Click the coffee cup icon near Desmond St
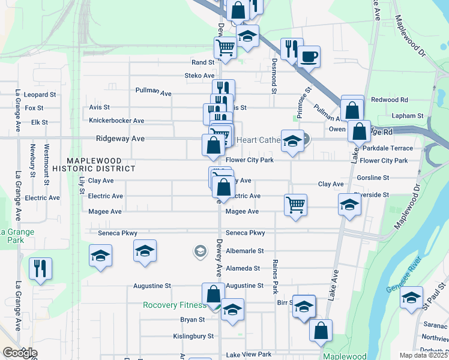pyautogui.click(x=309, y=58)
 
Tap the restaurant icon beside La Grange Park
pyautogui.click(x=40, y=268)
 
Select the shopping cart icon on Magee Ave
pyautogui.click(x=295, y=205)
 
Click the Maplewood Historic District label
pyautogui.click(x=94, y=165)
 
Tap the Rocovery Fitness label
pyautogui.click(x=174, y=305)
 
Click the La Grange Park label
pyautogui.click(x=17, y=236)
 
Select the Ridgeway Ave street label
pyautogui.click(x=121, y=138)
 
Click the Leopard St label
pyautogui.click(x=40, y=95)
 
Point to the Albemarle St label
pyautogui.click(x=245, y=251)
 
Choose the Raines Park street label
pyautogui.click(x=275, y=276)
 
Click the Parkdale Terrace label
pyautogui.click(x=388, y=148)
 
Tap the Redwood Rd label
pyautogui.click(x=390, y=100)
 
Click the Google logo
pyautogui.click(x=19, y=353)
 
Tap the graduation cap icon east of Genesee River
pyautogui.click(x=411, y=297)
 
